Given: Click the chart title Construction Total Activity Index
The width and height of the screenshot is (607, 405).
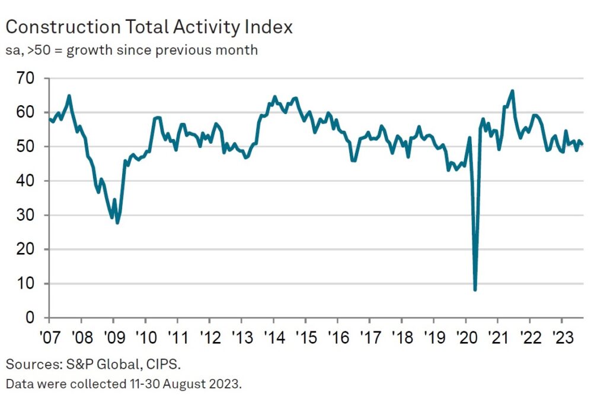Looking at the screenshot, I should coord(149,27).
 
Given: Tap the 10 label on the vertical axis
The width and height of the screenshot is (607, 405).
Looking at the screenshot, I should coord(27,284).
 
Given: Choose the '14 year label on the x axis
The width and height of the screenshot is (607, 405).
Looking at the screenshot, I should coord(273,334).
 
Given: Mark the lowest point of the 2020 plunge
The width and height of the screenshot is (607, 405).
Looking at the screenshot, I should coord(475,290).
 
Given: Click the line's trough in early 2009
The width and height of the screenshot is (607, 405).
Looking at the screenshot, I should coord(117,223).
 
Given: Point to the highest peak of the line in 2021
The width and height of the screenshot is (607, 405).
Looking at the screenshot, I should coord(512,91).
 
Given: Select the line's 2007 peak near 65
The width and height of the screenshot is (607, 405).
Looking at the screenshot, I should coord(69,96).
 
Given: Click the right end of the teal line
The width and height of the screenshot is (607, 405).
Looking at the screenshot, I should coord(582,144).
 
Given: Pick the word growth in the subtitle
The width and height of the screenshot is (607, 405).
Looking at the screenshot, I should coord(89,50).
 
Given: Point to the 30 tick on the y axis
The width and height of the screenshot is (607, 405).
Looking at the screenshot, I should coord(27,215).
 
